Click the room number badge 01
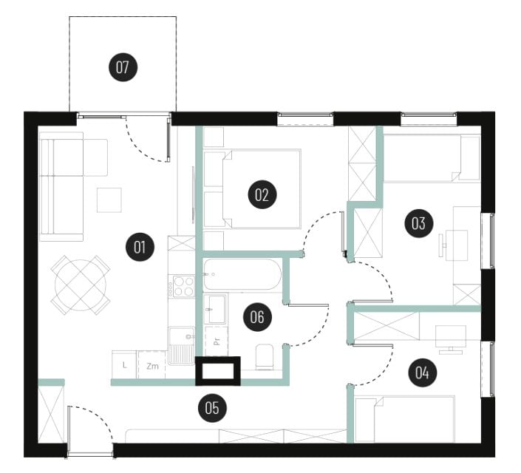(x=140, y=247)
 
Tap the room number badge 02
(x=262, y=194)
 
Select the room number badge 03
(x=419, y=223)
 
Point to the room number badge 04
(x=422, y=372)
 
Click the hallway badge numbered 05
(x=212, y=408)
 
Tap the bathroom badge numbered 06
(x=257, y=317)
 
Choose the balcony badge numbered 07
(x=123, y=67)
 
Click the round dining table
(x=81, y=285)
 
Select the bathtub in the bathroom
(x=242, y=274)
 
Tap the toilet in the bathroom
(x=265, y=357)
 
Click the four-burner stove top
(x=181, y=285)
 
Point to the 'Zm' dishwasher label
(x=152, y=367)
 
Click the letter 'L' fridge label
(x=124, y=365)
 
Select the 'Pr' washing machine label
(x=217, y=341)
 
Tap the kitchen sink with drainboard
(x=181, y=345)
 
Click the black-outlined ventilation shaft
(x=217, y=371)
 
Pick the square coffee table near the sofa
(x=109, y=200)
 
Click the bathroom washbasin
(x=215, y=309)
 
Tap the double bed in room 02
(x=262, y=188)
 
